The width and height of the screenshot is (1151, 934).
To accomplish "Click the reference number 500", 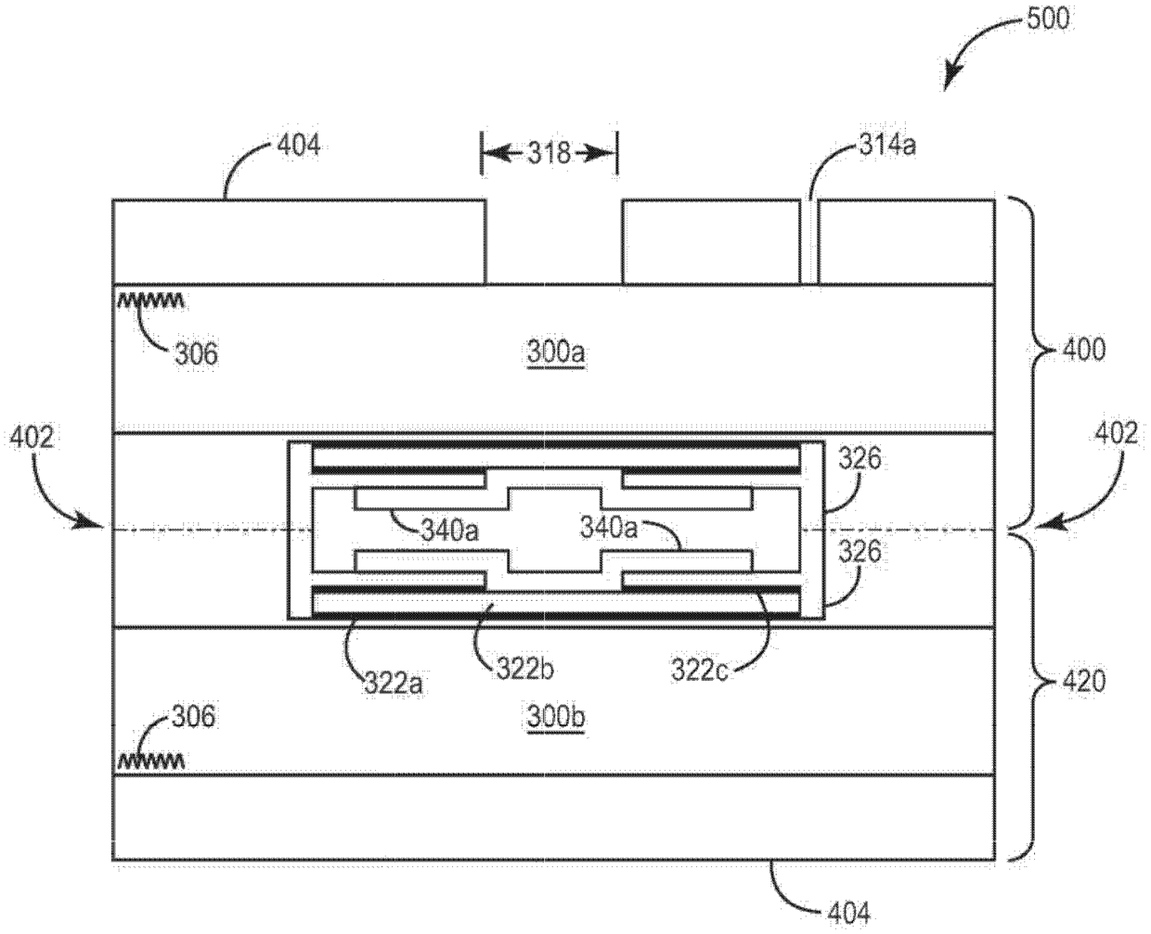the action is click(x=1048, y=19).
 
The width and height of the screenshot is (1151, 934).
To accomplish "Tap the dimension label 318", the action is click(x=549, y=153).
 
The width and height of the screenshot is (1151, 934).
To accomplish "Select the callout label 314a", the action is click(x=887, y=146).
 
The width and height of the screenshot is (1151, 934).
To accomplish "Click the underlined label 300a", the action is click(x=555, y=352).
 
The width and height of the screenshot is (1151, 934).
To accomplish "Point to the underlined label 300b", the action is click(x=555, y=716).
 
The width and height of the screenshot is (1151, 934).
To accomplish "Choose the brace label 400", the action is click(x=1083, y=350).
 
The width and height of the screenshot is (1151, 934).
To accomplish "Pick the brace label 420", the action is click(x=1083, y=682).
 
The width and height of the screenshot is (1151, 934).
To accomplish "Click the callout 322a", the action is click(x=394, y=684).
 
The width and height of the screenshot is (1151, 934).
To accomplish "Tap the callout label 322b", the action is click(x=525, y=670).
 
